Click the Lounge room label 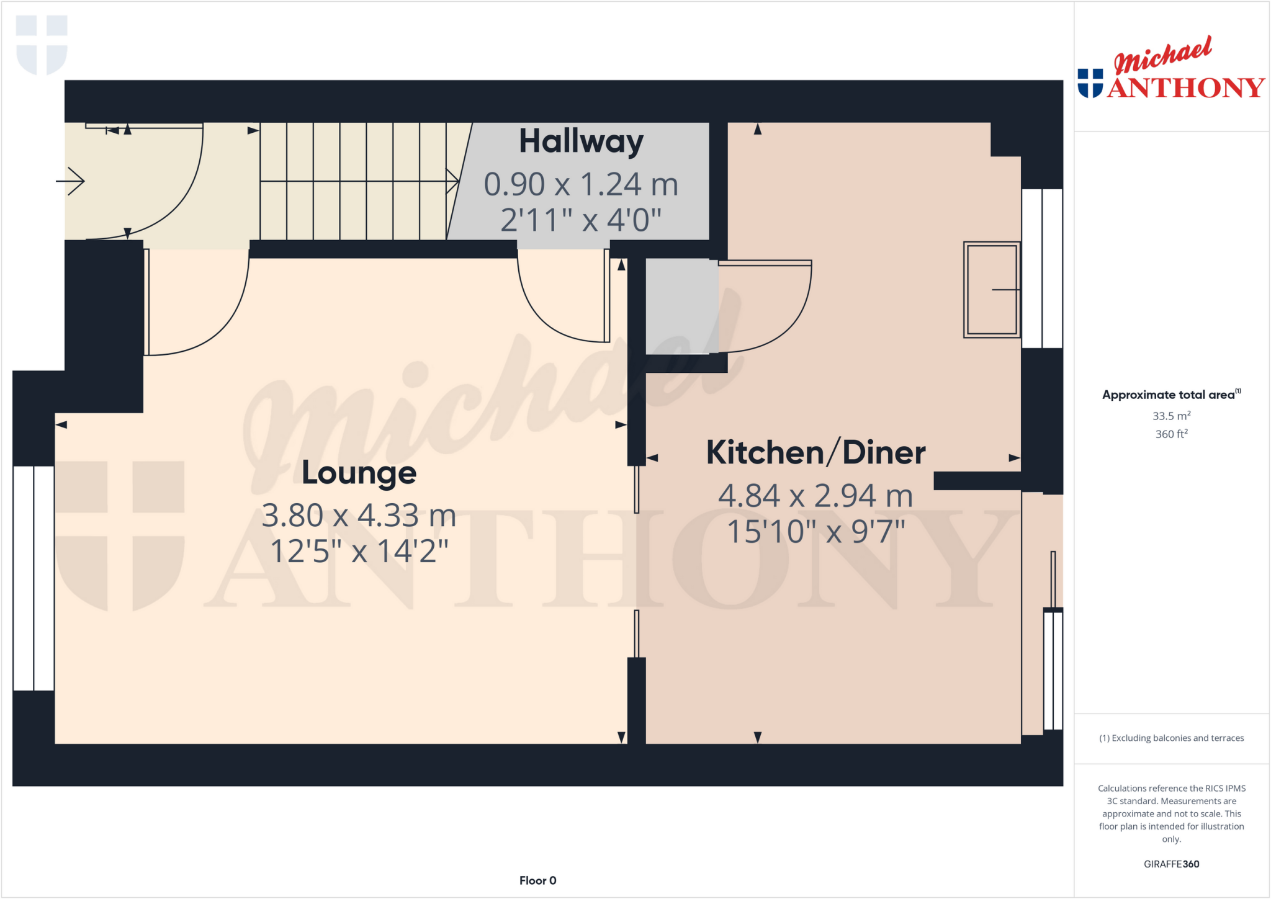tap(359, 473)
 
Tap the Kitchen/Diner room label tap(815, 452)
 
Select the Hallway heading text tap(581, 141)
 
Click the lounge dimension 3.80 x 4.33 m tap(359, 516)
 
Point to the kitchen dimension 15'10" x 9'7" tap(815, 532)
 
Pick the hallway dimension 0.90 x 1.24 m tap(581, 184)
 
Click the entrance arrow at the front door tap(71, 181)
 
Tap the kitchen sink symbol tap(991, 290)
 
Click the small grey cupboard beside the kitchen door tap(681, 306)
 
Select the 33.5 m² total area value tap(1171, 416)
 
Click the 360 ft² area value tap(1171, 434)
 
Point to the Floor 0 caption tap(537, 880)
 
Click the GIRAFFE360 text tap(1171, 864)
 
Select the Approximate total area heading tap(1170, 395)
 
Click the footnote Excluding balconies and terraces tap(1171, 738)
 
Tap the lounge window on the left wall tap(34, 578)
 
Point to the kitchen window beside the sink tap(1042, 268)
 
